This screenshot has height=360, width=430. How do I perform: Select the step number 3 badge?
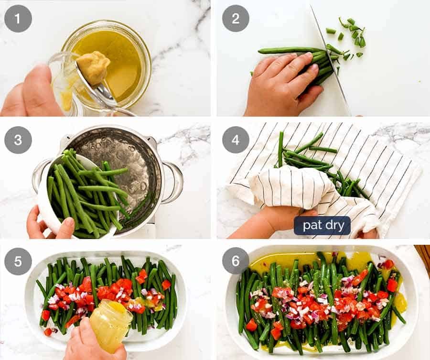tap(18, 140)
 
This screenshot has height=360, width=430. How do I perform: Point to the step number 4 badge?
tap(236, 140)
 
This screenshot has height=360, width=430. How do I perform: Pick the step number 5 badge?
tap(18, 261)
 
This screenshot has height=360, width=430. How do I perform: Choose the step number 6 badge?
tap(236, 261)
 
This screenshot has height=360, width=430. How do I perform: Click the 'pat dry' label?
tap(322, 225)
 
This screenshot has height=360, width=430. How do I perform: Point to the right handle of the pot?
tap(175, 182)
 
